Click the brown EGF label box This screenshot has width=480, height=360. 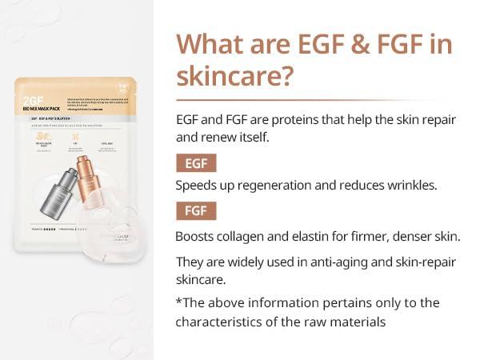click(x=195, y=164)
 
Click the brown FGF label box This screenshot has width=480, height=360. click(x=195, y=211)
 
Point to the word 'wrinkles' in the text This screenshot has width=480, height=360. click(x=409, y=186)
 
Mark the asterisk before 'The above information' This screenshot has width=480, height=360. click(x=178, y=303)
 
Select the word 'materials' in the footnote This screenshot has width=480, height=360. click(x=360, y=322)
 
